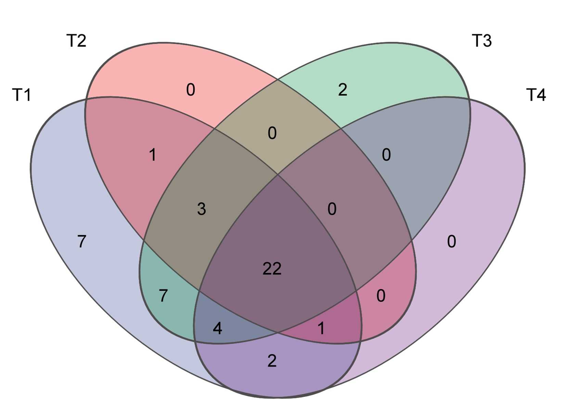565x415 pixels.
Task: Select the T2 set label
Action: click(76, 41)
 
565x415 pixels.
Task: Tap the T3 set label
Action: click(481, 41)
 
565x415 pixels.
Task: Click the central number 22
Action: click(272, 269)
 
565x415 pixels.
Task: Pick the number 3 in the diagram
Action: click(202, 209)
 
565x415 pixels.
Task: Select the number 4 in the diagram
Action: click(217, 328)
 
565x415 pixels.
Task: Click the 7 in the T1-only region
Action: click(81, 242)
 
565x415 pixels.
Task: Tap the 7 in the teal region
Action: click(164, 296)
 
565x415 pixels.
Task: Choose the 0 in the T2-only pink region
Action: click(191, 90)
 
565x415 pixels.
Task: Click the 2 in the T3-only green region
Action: click(343, 90)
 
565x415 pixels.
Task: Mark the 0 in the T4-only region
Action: click(451, 242)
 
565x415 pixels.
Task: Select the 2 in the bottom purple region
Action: click(272, 361)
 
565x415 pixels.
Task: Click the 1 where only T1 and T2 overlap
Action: click(153, 155)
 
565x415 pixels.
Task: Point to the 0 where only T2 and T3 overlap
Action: click(272, 133)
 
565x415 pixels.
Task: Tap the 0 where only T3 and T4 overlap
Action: click(386, 155)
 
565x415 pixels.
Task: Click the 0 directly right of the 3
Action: click(332, 209)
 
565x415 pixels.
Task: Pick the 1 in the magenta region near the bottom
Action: click(321, 328)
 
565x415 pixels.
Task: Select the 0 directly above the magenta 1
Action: click(381, 296)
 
